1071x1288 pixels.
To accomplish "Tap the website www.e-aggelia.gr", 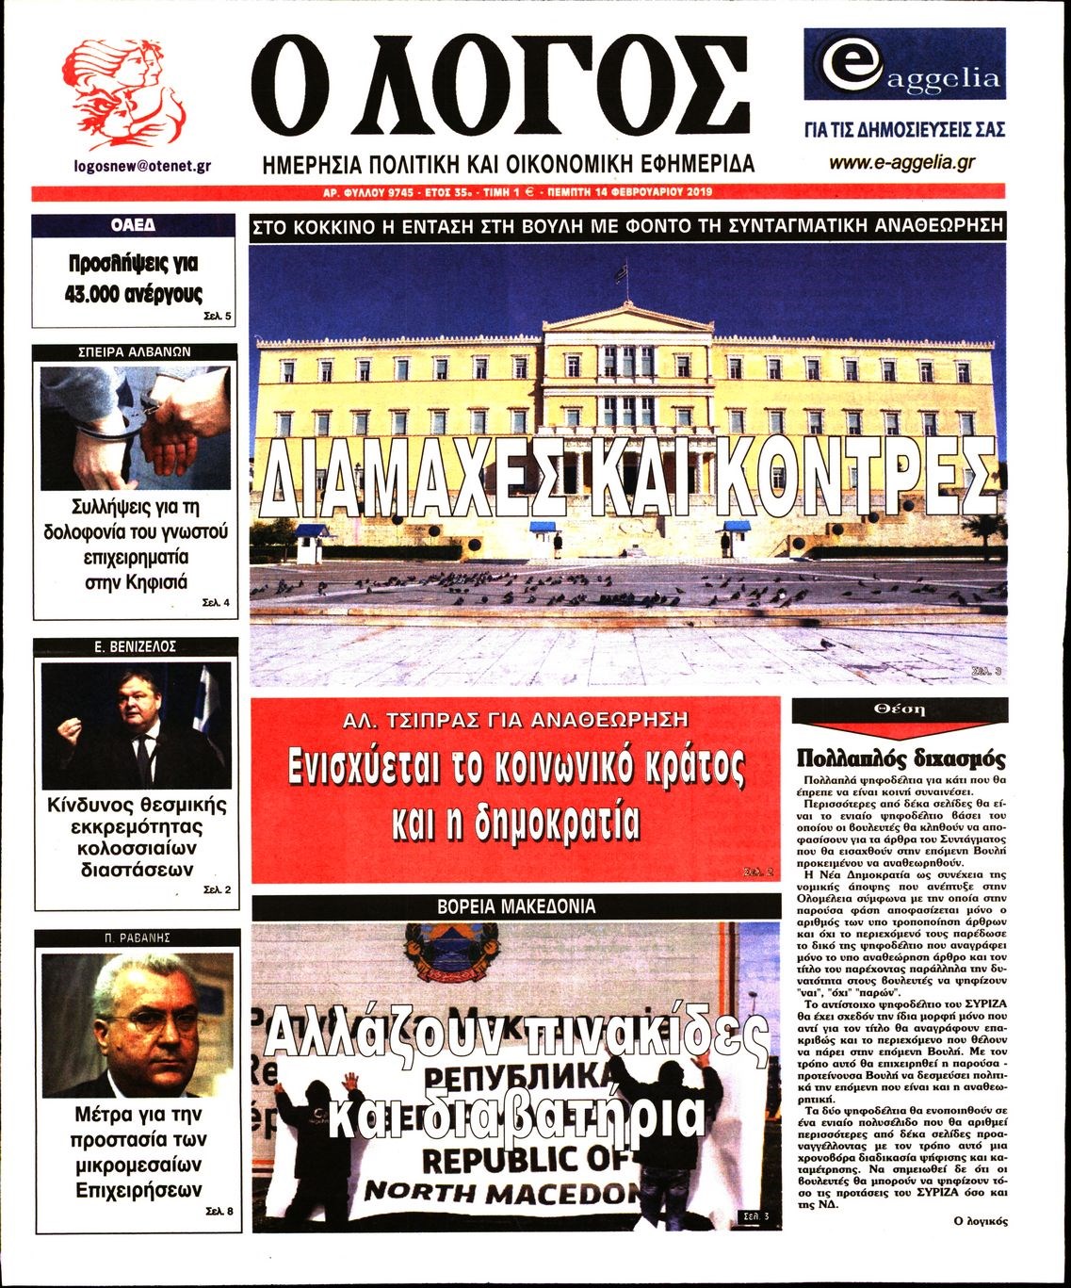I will (901, 163).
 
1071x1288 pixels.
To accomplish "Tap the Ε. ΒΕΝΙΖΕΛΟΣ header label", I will (136, 646).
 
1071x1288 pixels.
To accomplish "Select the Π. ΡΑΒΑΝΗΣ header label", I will (135, 938).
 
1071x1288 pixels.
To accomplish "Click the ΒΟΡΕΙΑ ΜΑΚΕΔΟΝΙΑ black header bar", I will (516, 906).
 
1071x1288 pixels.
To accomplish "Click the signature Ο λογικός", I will (981, 1221).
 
